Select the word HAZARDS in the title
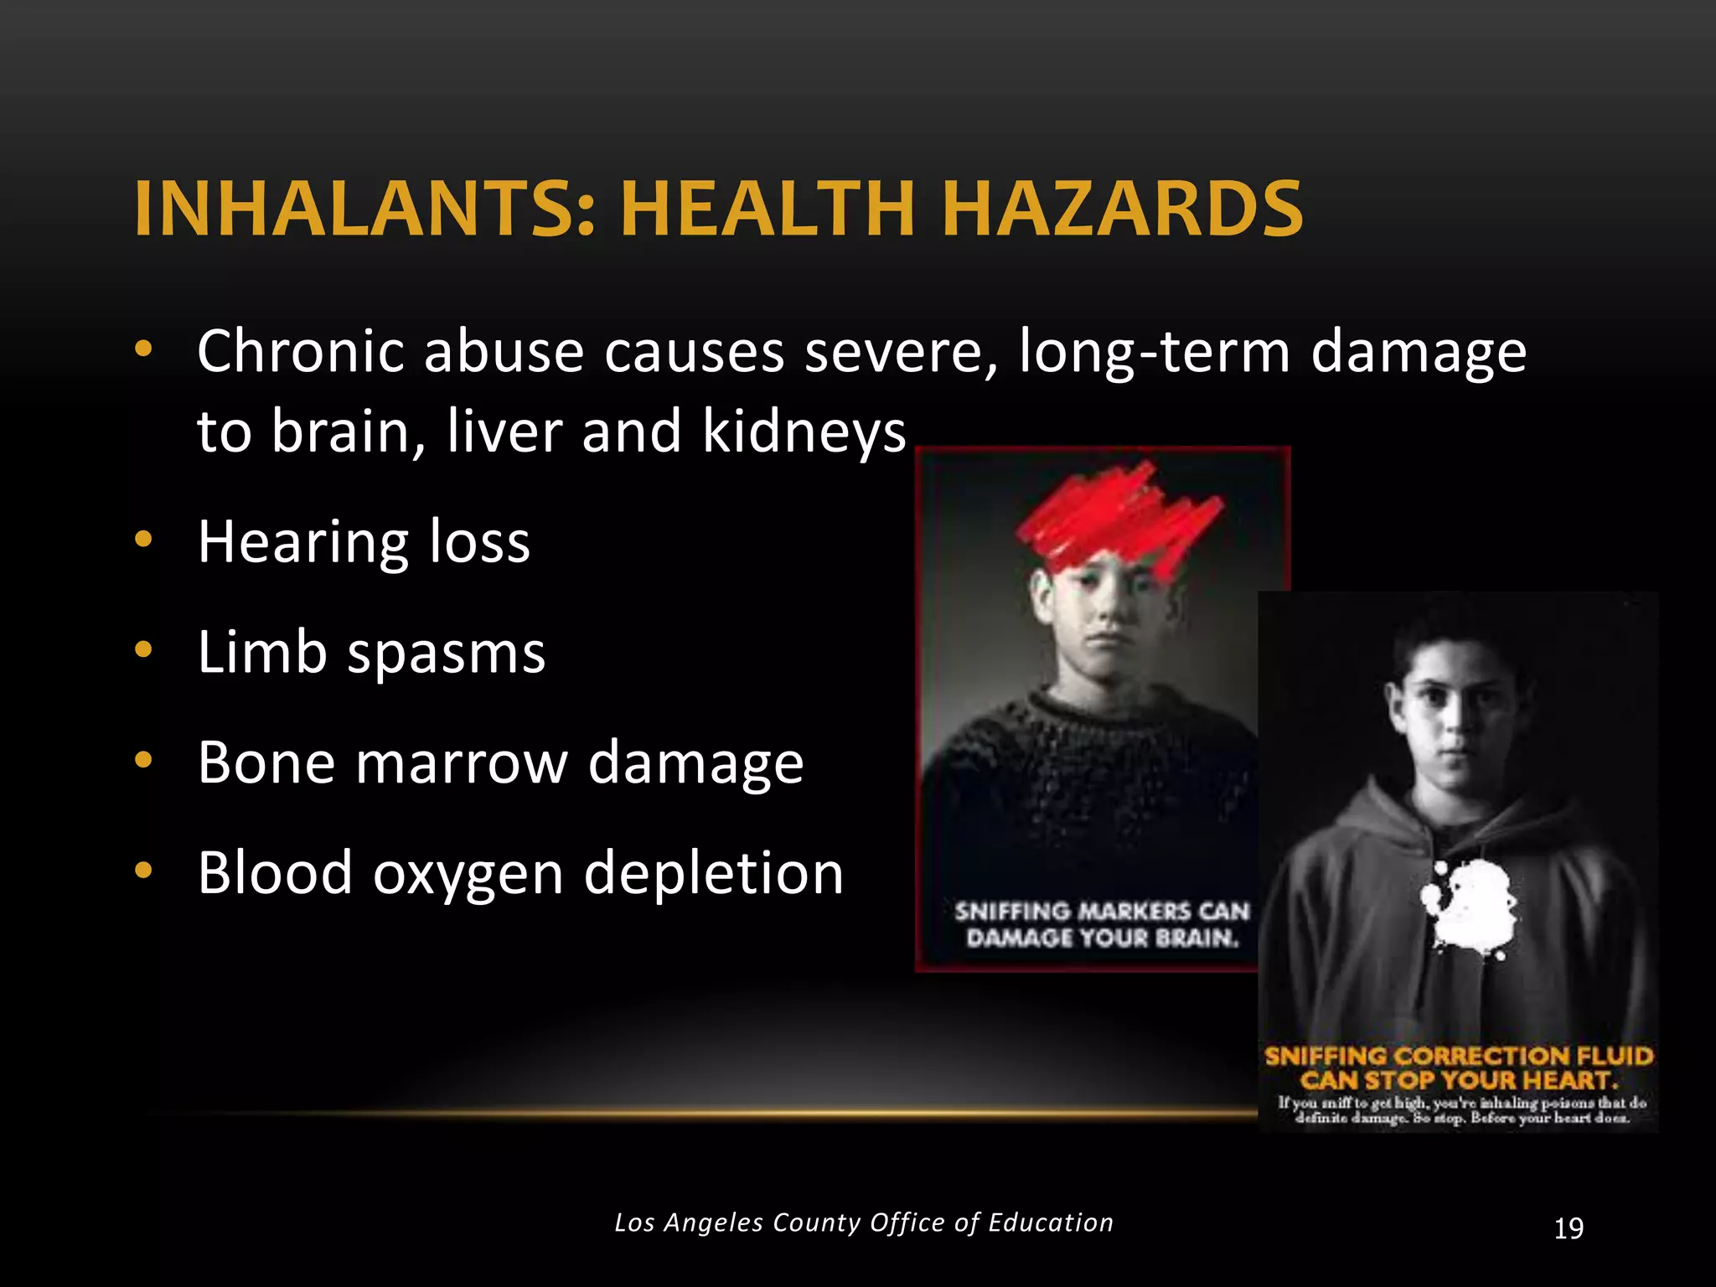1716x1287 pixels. pyautogui.click(x=1122, y=209)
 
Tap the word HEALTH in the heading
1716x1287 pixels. pyautogui.click(x=768, y=209)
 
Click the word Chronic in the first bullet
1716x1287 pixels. pyautogui.click(x=301, y=351)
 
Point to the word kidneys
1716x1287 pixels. pyautogui.click(x=804, y=432)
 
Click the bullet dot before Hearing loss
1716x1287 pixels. pyautogui.click(x=144, y=540)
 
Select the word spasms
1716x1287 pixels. pyautogui.click(x=447, y=653)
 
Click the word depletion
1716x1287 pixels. pyautogui.click(x=713, y=874)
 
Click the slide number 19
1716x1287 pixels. pyautogui.click(x=1569, y=1228)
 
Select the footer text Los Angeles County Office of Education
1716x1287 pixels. pyautogui.click(x=864, y=1222)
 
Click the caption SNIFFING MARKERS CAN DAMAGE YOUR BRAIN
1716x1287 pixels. pyautogui.click(x=1102, y=924)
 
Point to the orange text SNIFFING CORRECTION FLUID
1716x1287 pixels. pyautogui.click(x=1459, y=1056)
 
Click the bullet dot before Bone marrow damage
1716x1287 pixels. pyautogui.click(x=144, y=760)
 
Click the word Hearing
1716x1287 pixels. pyautogui.click(x=303, y=543)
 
